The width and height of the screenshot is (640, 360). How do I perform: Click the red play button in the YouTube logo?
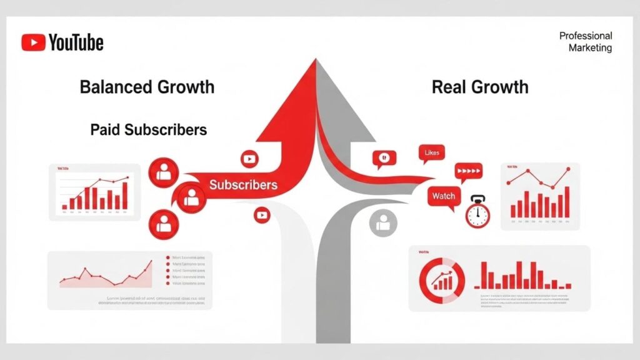click(x=32, y=42)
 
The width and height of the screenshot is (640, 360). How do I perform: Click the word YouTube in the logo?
click(x=76, y=42)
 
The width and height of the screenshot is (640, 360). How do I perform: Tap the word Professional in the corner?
click(x=586, y=36)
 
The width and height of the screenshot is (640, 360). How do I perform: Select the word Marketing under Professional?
click(x=590, y=48)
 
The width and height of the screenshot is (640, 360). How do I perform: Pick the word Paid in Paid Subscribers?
click(x=104, y=130)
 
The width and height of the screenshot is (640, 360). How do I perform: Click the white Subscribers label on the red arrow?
click(x=243, y=185)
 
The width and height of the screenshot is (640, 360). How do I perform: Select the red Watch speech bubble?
click(x=444, y=196)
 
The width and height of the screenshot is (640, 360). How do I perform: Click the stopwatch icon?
click(x=477, y=212)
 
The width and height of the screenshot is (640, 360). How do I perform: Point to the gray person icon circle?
click(x=383, y=222)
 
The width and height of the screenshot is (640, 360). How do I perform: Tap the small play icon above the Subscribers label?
click(x=249, y=159)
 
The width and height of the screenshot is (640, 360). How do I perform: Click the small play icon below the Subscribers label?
click(x=262, y=216)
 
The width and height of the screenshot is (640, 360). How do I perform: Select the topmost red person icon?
click(x=164, y=172)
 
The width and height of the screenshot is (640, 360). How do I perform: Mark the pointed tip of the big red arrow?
click(x=316, y=61)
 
